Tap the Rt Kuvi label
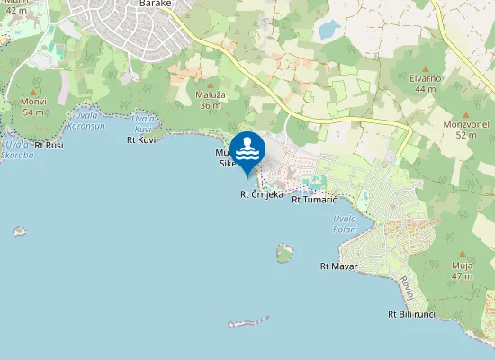tap(141, 140)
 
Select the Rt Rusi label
tap(49, 145)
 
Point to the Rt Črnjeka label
tap(262, 194)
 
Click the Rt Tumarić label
tap(313, 200)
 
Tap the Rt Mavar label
tap(339, 266)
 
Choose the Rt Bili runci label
tap(411, 314)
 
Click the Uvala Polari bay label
tap(345, 223)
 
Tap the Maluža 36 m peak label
tap(209, 100)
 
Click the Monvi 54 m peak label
tap(33, 107)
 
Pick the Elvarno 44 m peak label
tap(424, 84)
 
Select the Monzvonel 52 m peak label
tap(465, 130)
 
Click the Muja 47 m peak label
tap(463, 271)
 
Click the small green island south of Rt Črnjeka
tap(285, 253)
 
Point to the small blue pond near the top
tap(328, 31)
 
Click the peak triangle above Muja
tap(463, 254)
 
